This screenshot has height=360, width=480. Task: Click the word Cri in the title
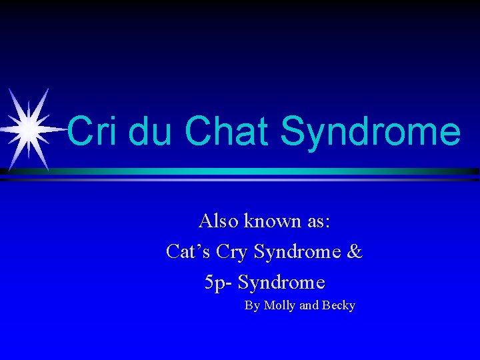pos(93,131)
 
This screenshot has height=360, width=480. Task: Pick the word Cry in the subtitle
pos(231,253)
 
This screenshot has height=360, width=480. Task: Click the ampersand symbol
pos(355,251)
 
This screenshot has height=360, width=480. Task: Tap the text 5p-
pos(218,283)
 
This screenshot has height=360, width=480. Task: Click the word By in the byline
pos(252,306)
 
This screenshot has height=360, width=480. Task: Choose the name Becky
pos(339,306)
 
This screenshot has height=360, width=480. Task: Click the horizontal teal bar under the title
pos(267,171)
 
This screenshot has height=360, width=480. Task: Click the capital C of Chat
pos(198,131)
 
